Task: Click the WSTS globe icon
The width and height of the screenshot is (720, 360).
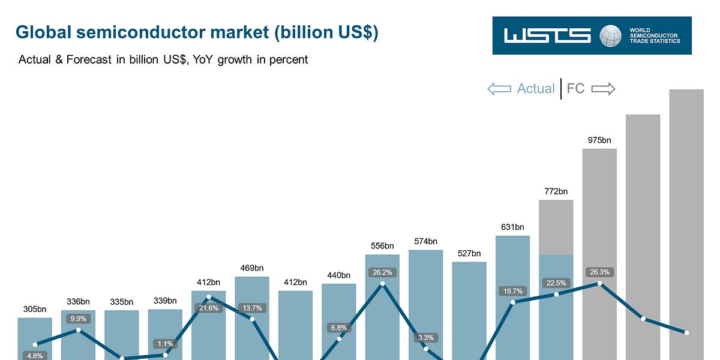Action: pos(611,35)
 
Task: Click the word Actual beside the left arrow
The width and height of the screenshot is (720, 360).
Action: pos(536,89)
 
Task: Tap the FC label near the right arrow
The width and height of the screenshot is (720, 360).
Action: pos(575,89)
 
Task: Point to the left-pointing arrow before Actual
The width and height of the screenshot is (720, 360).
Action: pos(499,89)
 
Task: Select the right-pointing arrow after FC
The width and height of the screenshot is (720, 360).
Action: pos(603,89)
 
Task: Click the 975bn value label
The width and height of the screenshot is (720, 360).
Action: pos(599,140)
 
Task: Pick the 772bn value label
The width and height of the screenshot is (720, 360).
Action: pos(556,191)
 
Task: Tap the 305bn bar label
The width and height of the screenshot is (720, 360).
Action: pos(35,310)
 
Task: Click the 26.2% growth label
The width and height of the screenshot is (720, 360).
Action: pos(382,272)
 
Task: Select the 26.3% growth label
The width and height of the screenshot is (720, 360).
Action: pos(599,272)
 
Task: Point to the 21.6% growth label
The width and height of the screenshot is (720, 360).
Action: pos(209,308)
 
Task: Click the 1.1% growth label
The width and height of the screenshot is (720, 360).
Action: pos(166,344)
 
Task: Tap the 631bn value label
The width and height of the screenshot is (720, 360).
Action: pos(512,227)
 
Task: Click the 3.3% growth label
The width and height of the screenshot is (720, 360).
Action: pos(426,338)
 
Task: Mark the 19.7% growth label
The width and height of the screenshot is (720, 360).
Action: pos(512,292)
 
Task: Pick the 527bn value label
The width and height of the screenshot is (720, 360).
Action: pos(469,253)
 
